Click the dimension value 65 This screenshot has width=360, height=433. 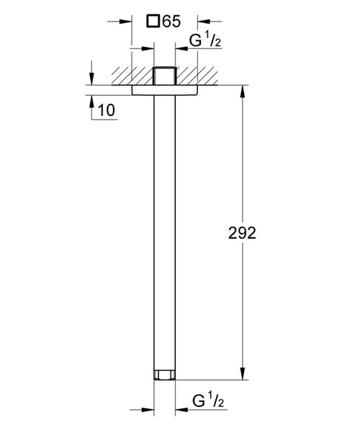[171, 22]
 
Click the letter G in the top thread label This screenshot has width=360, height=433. [195, 42]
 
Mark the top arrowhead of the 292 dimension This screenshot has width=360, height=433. [242, 95]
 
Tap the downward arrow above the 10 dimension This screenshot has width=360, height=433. [92, 79]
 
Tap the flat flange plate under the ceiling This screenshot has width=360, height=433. [165, 91]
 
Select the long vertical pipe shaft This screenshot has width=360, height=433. [165, 231]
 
